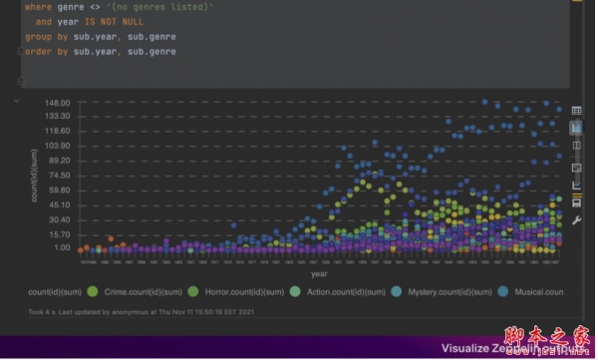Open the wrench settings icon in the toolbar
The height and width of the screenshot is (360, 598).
point(576,219)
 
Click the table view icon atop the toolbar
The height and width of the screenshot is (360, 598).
point(576,111)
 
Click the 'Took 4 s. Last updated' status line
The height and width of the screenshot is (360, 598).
point(140,311)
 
